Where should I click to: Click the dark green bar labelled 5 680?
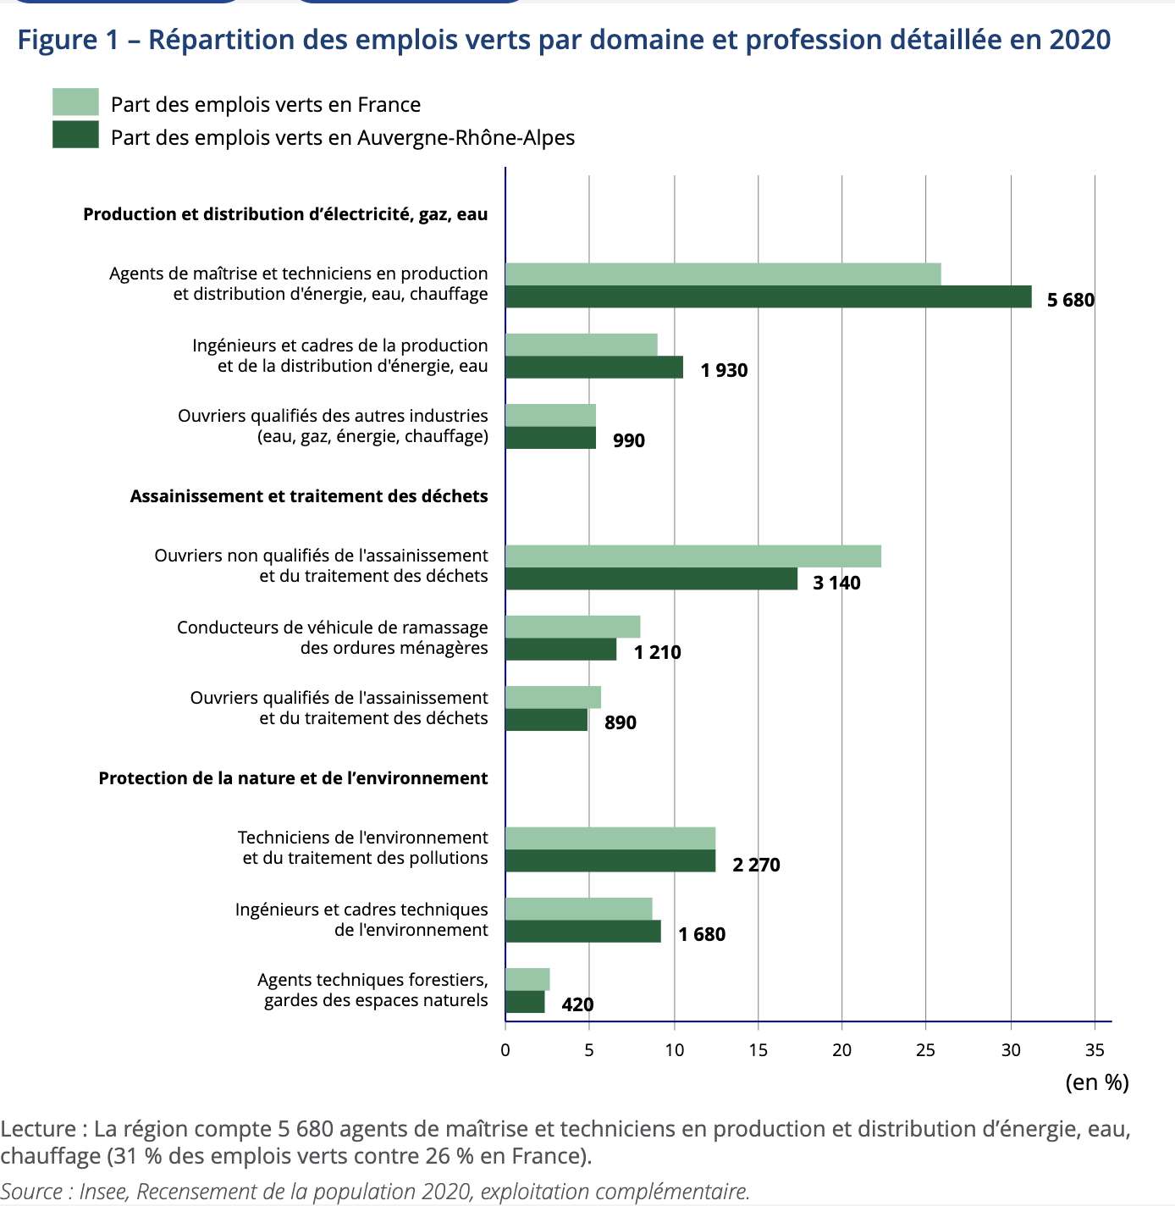click(768, 296)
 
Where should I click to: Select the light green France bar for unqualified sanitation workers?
click(692, 556)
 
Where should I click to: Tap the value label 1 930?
click(724, 370)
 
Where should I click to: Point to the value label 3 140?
click(836, 583)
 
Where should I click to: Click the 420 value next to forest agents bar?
click(577, 1004)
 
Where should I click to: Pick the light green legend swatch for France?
click(75, 102)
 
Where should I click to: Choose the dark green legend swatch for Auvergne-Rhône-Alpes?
click(75, 136)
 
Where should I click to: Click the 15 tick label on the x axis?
click(758, 1050)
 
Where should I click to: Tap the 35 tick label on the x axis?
click(1094, 1050)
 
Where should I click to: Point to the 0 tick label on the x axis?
click(505, 1050)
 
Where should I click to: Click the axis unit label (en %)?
click(1096, 1082)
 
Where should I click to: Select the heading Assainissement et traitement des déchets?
click(309, 496)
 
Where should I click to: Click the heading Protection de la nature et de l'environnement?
click(293, 778)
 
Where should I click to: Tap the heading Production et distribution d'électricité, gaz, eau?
click(285, 214)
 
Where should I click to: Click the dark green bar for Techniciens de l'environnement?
click(610, 861)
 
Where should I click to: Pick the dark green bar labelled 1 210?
click(560, 650)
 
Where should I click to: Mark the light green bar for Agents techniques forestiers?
click(527, 979)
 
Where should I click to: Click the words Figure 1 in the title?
click(69, 40)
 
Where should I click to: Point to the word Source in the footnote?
click(32, 1192)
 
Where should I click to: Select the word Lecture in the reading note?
click(38, 1129)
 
